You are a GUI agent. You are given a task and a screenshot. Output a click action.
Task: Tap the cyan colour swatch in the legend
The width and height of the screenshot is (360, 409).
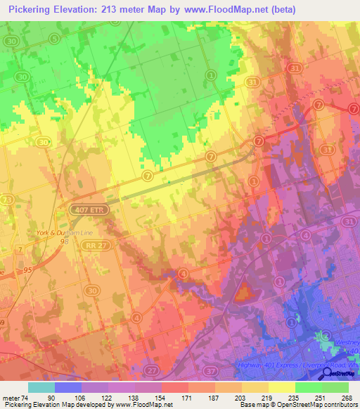(x=41, y=387)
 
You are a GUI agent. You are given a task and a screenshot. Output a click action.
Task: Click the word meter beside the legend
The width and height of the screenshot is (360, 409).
(x=9, y=398)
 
